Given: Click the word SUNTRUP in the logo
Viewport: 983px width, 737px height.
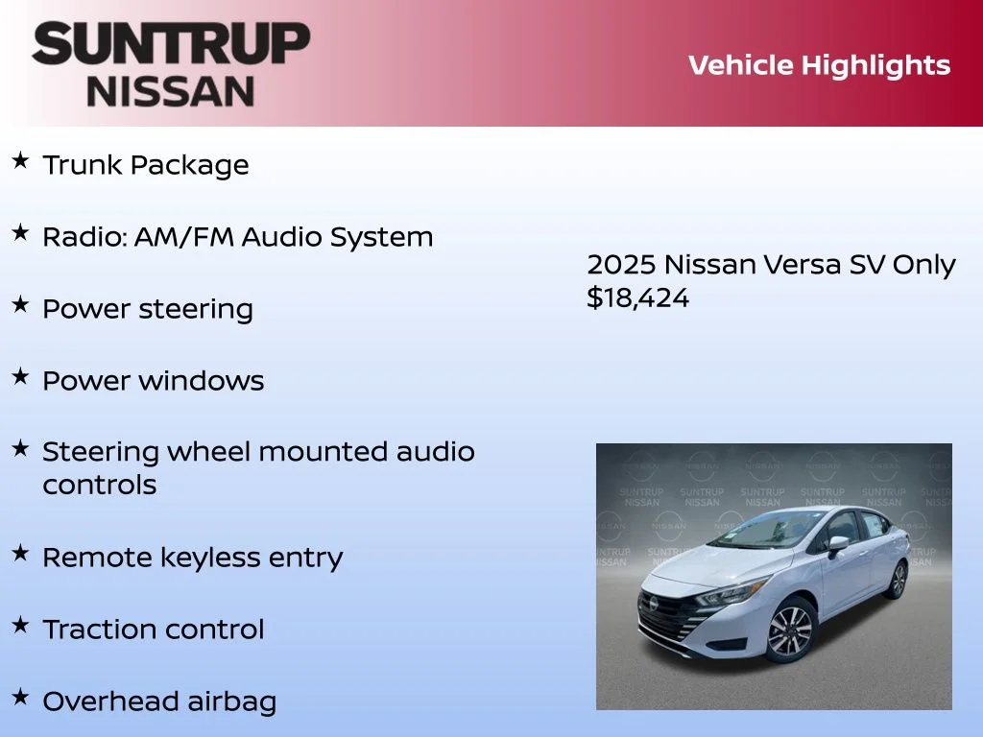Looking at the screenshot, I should tap(171, 44).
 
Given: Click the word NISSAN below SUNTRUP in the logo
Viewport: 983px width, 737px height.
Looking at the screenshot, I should tap(171, 90).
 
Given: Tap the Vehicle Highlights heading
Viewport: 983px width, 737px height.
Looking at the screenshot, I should tap(819, 65).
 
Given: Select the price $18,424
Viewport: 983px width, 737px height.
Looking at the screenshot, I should tap(637, 298).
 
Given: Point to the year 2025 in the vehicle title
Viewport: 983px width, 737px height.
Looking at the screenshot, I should tap(621, 265).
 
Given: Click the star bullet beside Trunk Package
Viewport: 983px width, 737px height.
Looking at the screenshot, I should tap(20, 161).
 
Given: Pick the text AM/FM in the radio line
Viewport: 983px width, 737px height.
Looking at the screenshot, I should tap(186, 237).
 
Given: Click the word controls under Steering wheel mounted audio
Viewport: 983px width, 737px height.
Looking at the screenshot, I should tap(99, 485).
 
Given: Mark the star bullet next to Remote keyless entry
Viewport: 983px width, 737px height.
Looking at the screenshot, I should tap(20, 554).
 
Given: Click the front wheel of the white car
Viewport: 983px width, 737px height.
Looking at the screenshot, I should tap(790, 630).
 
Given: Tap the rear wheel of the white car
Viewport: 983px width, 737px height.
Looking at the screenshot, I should tap(899, 579).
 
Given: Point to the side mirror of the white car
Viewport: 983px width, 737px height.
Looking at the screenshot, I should tap(838, 543).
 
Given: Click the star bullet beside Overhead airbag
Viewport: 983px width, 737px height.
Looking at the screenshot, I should tap(20, 697).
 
